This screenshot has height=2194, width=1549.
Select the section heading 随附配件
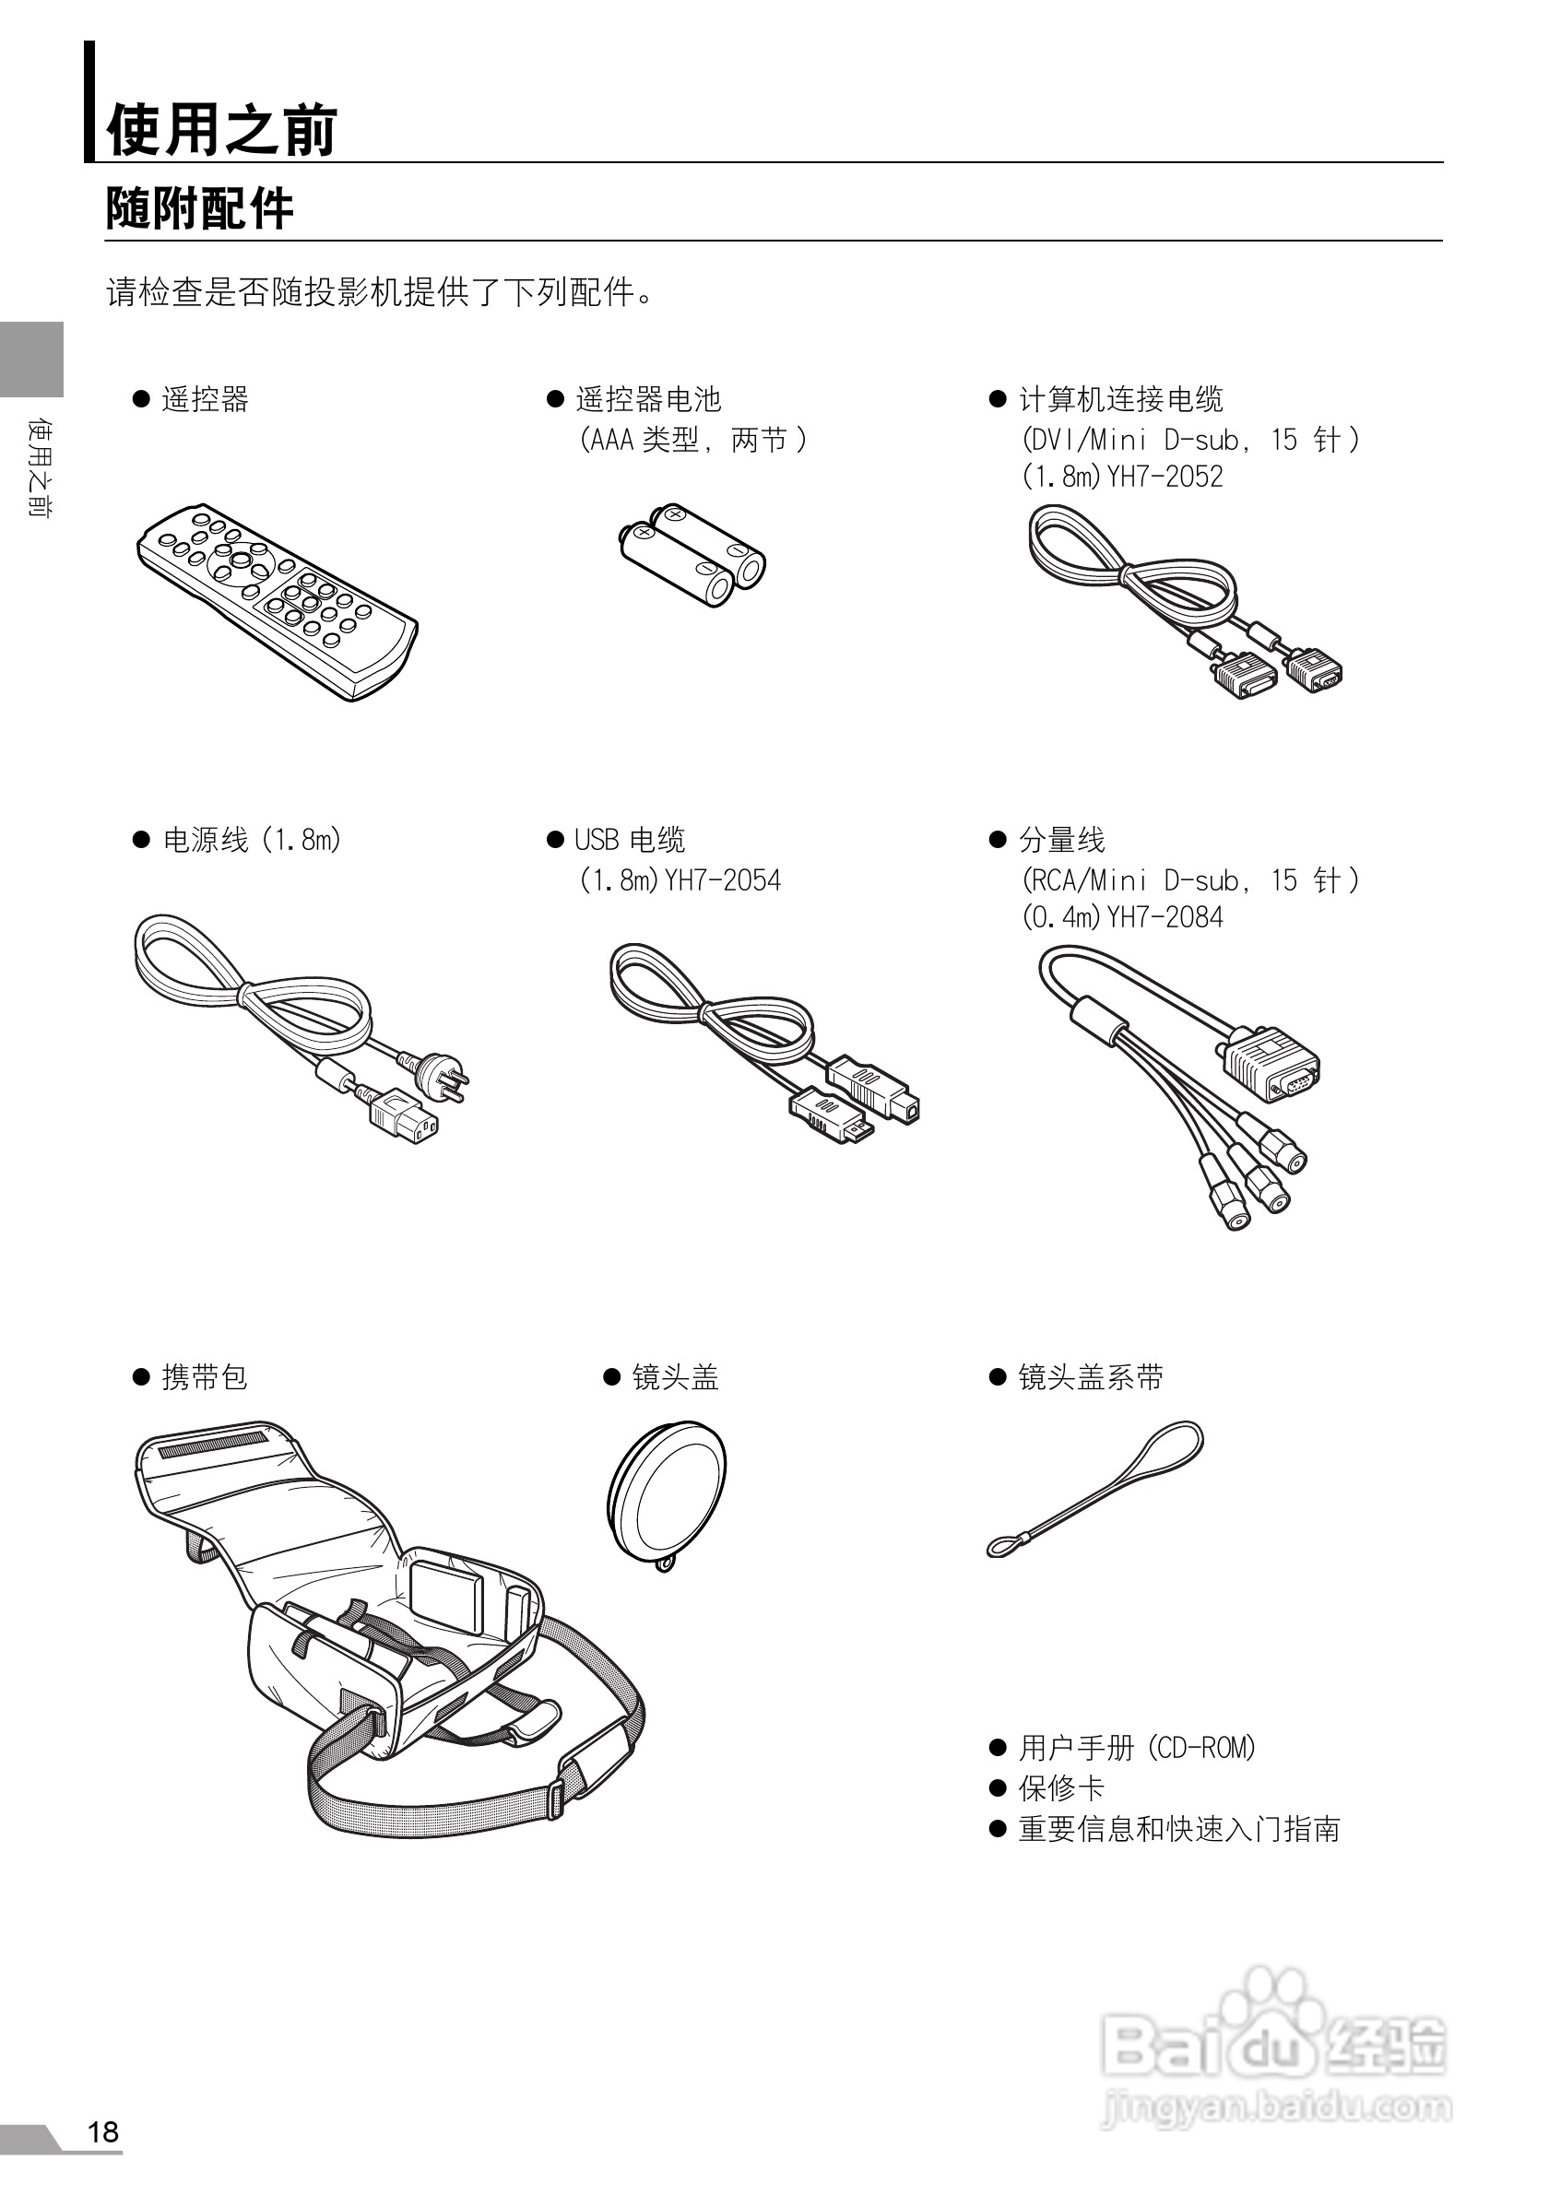199,208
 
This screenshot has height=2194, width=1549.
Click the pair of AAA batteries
692,557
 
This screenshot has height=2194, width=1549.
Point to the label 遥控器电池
648,399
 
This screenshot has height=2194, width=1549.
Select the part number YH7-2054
723,880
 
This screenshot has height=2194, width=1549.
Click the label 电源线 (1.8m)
253,840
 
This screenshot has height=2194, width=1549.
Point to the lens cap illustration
667,1494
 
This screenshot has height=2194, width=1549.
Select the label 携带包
205,1377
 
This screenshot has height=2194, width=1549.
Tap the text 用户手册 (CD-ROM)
1137,1748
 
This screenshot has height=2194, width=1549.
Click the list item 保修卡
1060,1787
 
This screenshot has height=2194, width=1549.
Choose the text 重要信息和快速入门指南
1179,1829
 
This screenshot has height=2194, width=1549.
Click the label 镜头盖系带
1091,1377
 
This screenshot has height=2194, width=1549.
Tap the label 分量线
1061,840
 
